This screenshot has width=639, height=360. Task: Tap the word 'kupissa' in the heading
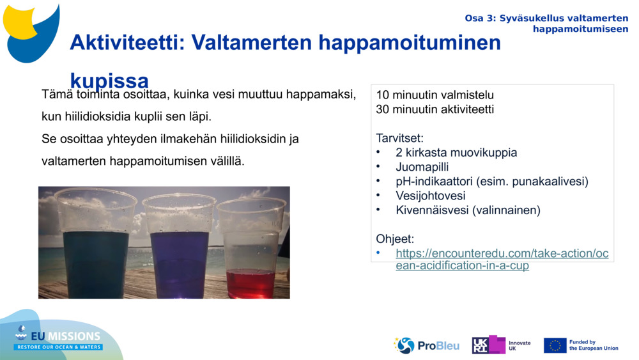pos(109,81)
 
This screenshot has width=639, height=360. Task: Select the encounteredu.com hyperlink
pos(502,259)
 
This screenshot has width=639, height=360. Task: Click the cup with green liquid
pos(96,246)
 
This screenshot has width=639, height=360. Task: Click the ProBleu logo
pos(426,345)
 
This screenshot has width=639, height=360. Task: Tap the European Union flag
pos(555,345)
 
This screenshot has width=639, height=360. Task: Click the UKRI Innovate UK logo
pos(500,345)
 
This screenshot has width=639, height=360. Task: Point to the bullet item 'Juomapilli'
pos(422,167)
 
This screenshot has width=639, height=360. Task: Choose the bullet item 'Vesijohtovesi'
pos(430,196)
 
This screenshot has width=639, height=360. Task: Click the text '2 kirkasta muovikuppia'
pos(456,153)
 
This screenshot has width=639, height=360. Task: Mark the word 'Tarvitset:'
pos(400,138)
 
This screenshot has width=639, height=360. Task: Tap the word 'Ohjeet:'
pos(395,239)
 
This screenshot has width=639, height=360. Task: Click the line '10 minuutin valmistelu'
pos(435,95)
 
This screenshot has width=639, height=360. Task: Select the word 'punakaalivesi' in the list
pos(549,182)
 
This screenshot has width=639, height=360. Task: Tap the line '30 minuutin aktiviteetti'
pos(435,109)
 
